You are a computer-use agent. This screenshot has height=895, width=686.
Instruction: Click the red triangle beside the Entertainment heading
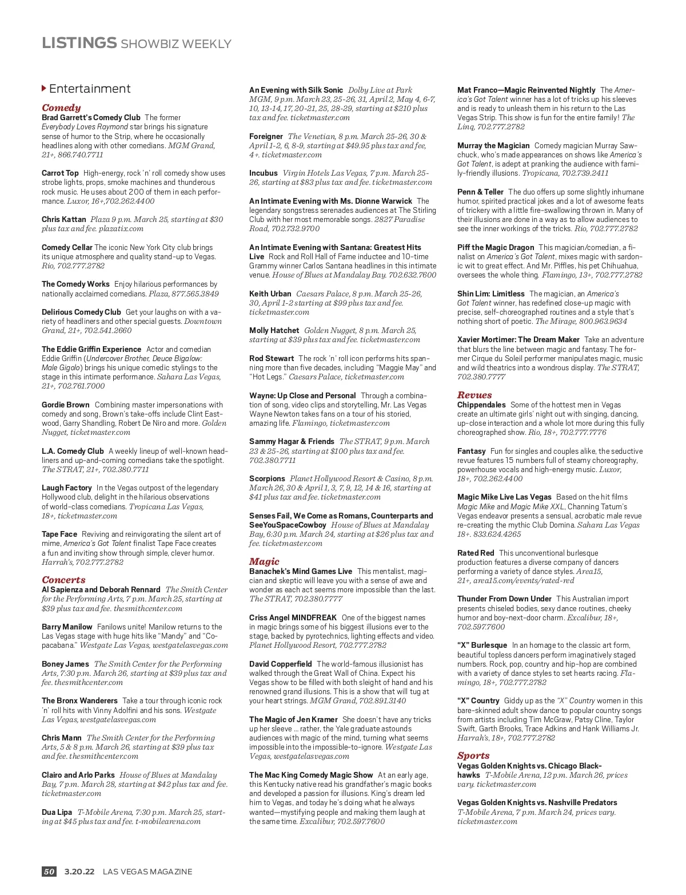pyautogui.click(x=44, y=88)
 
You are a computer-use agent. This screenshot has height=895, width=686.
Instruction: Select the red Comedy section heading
pyautogui.click(x=61, y=108)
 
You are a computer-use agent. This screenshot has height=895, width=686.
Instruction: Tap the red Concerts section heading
pyautogui.click(x=63, y=580)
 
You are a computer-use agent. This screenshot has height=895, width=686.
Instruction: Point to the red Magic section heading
pyautogui.click(x=264, y=561)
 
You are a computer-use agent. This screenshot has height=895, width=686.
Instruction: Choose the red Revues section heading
pyautogui.click(x=474, y=395)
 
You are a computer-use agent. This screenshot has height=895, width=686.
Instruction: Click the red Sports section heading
pyautogui.click(x=473, y=755)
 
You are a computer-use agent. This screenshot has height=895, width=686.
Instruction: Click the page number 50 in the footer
pyautogui.click(x=49, y=872)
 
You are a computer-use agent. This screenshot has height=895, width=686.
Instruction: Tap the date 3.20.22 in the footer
pyautogui.click(x=79, y=872)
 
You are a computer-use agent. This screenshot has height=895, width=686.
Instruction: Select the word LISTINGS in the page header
pyautogui.click(x=79, y=43)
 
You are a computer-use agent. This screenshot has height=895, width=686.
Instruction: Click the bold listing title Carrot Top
pyautogui.click(x=60, y=173)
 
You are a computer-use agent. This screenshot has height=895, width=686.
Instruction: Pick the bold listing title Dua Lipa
pyautogui.click(x=57, y=812)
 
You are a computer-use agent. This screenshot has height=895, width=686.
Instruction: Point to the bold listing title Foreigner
pyautogui.click(x=266, y=136)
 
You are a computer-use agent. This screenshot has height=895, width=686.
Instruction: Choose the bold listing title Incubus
pyautogui.click(x=264, y=173)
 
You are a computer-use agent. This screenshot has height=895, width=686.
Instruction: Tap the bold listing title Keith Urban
pyautogui.click(x=270, y=294)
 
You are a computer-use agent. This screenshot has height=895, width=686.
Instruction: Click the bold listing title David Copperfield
pyautogui.click(x=281, y=664)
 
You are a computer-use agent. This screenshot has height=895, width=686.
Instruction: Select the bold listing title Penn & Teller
pyautogui.click(x=480, y=192)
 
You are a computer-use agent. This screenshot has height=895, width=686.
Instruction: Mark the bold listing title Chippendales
pyautogui.click(x=481, y=405)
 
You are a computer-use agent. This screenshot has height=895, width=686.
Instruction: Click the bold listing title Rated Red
pyautogui.click(x=476, y=553)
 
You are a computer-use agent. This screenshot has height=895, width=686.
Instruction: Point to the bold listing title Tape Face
pyautogui.click(x=59, y=534)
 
